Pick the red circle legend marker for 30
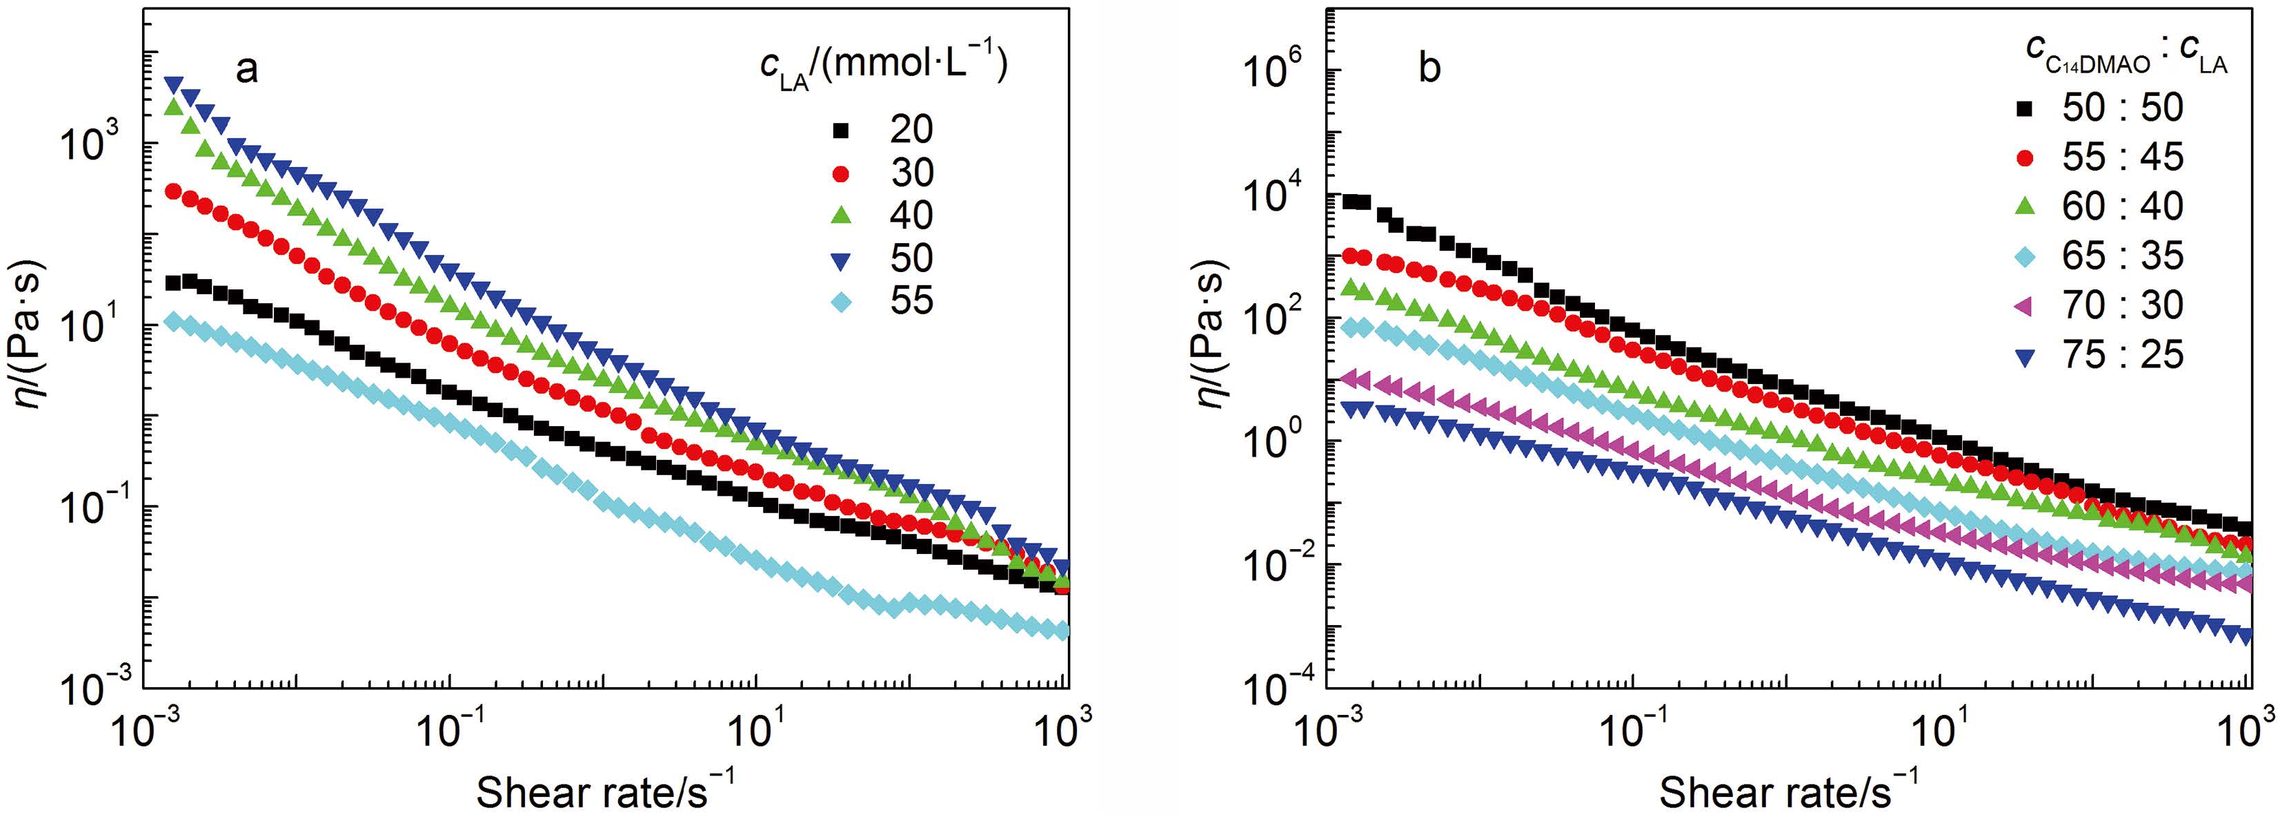point(841,173)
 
